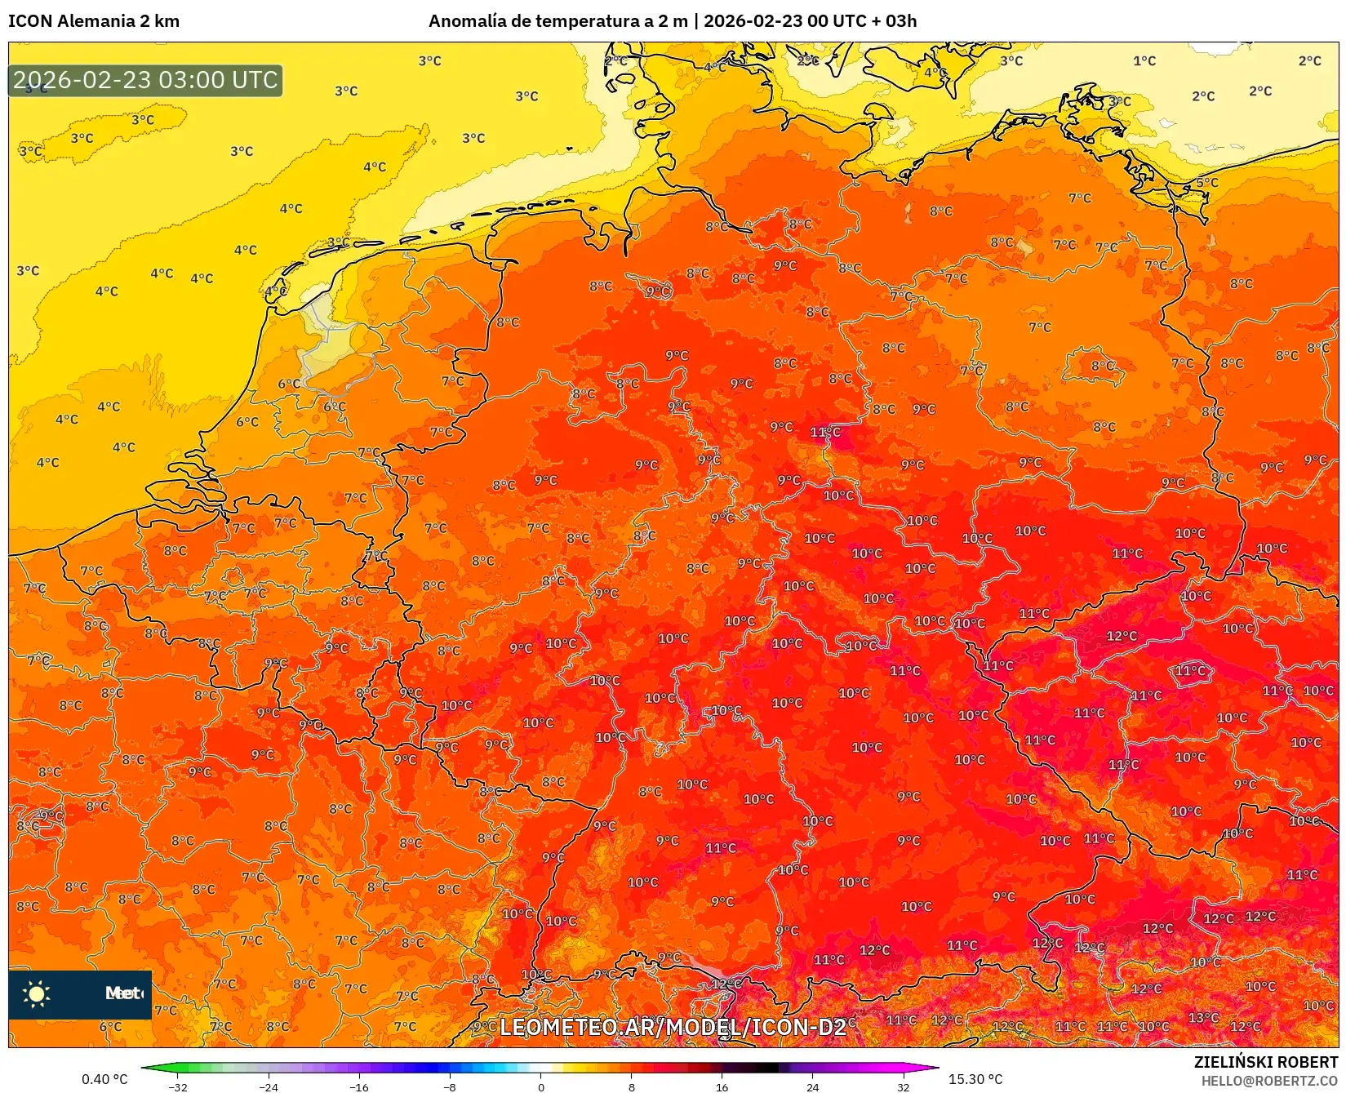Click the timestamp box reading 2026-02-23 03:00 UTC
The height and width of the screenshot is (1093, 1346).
(x=145, y=80)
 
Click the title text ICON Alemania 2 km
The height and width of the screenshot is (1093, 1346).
(x=94, y=21)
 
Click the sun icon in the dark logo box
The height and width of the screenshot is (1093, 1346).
(x=37, y=993)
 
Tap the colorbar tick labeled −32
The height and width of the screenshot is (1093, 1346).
(x=178, y=1086)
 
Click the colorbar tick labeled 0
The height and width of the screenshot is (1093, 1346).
(x=540, y=1086)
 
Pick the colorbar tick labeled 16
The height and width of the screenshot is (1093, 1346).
(x=722, y=1086)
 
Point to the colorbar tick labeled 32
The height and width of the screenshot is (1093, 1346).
(x=903, y=1086)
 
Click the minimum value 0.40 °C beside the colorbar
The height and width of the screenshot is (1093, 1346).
(x=104, y=1079)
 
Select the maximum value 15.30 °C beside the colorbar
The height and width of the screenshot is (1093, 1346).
(x=975, y=1079)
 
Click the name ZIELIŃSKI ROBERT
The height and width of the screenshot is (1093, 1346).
(x=1266, y=1062)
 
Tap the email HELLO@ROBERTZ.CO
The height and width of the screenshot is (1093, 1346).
(x=1269, y=1082)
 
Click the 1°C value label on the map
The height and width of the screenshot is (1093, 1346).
(x=1144, y=60)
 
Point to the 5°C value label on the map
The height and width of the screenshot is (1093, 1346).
(x=1206, y=182)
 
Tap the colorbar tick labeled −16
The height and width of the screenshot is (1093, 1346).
(x=359, y=1086)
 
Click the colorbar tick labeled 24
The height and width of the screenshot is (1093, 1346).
(x=812, y=1086)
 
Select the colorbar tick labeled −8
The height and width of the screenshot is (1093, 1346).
(x=450, y=1086)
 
